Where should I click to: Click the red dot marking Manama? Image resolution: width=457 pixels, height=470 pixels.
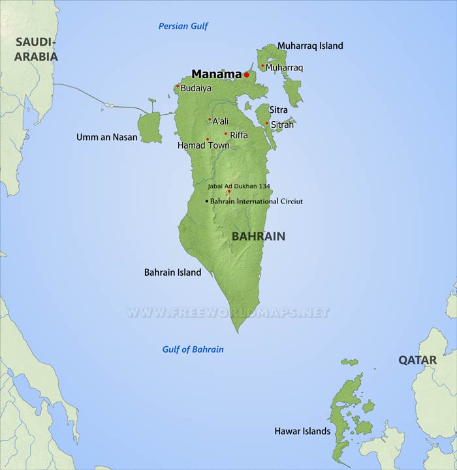click(247, 75)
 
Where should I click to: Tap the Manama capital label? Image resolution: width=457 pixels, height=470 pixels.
click(216, 74)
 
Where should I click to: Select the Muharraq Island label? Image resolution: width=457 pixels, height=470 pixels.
click(310, 46)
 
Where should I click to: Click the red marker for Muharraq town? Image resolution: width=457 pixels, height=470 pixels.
click(262, 65)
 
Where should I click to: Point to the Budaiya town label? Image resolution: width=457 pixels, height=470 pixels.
click(196, 88)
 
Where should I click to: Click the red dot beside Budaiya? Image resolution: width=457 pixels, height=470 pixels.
click(178, 85)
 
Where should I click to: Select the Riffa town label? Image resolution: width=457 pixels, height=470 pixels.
click(239, 135)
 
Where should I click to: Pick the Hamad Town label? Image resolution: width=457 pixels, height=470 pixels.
click(203, 145)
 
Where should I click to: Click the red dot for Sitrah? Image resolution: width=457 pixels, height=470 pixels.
click(267, 123)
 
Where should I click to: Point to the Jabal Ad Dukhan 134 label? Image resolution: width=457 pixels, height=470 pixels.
click(238, 186)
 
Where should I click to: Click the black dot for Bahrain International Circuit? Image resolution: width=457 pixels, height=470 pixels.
click(207, 201)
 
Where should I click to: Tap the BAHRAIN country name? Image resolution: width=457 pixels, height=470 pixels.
click(259, 236)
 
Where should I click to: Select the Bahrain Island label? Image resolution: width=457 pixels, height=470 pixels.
click(172, 272)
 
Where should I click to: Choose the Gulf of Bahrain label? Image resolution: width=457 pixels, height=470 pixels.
click(193, 349)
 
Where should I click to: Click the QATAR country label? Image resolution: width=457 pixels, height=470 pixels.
click(417, 360)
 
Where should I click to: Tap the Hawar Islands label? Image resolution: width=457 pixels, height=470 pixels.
click(302, 432)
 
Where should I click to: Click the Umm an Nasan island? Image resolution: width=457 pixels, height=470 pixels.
click(150, 128)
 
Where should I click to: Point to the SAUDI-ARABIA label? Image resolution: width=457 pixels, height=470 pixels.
click(37, 49)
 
